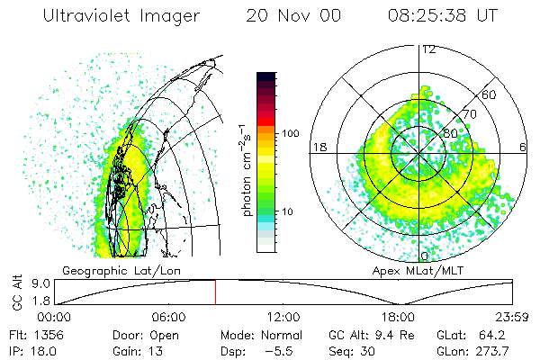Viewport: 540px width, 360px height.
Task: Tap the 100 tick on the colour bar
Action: [290, 133]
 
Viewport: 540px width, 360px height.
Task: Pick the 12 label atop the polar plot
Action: [428, 49]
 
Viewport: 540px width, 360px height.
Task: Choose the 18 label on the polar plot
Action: [319, 147]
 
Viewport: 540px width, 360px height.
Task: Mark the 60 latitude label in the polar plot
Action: [489, 94]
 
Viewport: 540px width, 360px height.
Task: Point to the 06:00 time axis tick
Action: [168, 317]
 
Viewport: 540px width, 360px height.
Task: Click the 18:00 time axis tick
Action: [398, 317]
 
